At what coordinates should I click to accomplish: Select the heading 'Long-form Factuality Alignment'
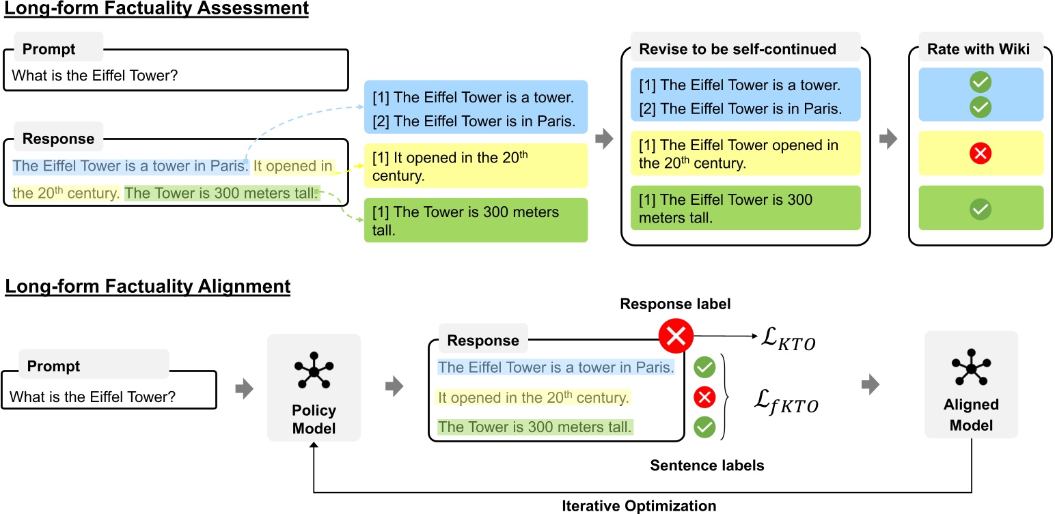[148, 286]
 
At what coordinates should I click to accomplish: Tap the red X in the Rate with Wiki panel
[980, 154]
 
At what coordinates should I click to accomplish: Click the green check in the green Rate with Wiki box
[980, 209]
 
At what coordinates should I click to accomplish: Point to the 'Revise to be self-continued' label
[737, 49]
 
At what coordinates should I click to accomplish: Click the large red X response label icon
[676, 336]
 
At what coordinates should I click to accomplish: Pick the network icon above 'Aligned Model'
[971, 369]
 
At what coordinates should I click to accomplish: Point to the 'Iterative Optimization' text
[639, 506]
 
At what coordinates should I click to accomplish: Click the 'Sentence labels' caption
[707, 466]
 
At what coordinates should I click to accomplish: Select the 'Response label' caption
[675, 304]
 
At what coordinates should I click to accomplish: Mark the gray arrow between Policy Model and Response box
[394, 388]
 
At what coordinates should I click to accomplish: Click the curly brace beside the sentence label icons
[728, 399]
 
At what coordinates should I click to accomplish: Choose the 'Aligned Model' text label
[971, 415]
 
